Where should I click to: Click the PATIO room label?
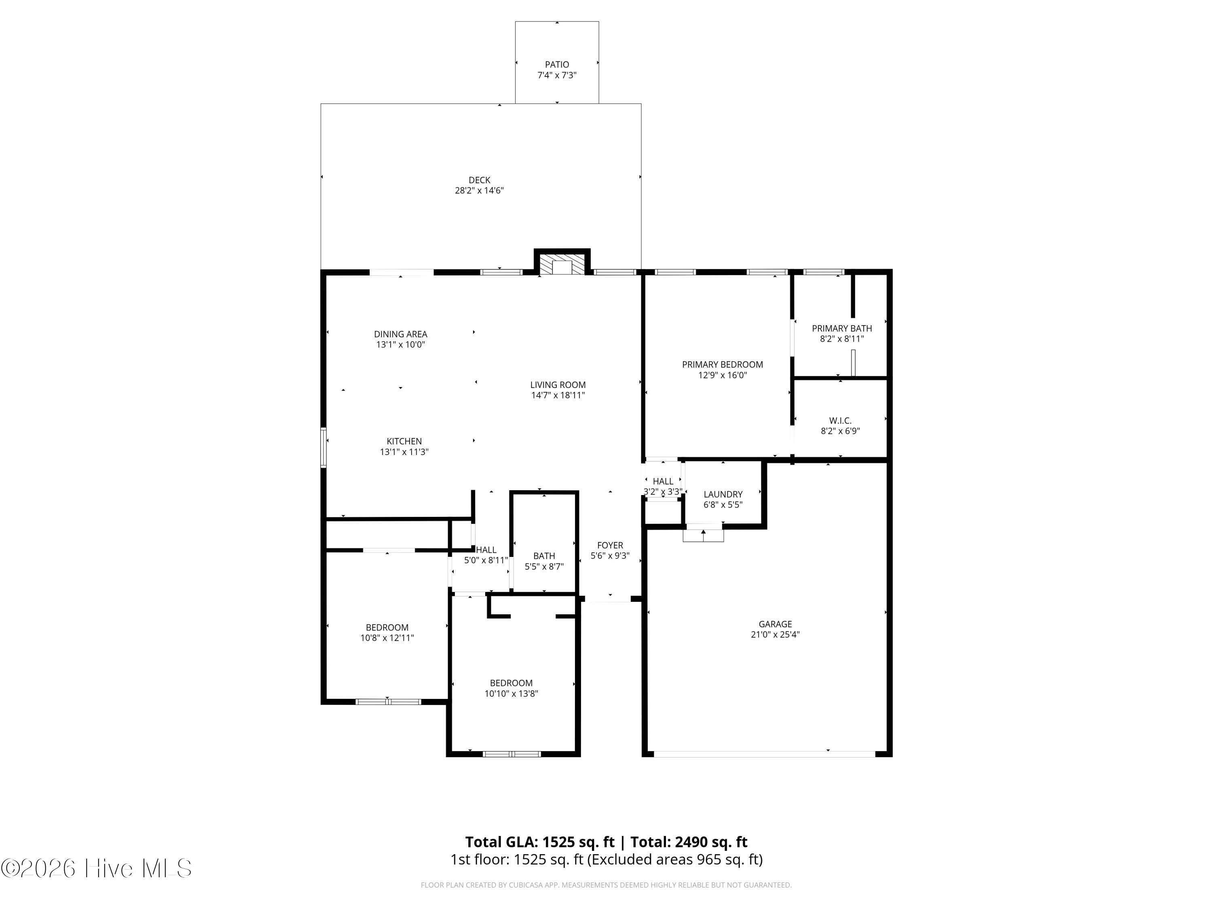[x=557, y=64]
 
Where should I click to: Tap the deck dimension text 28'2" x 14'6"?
[x=479, y=190]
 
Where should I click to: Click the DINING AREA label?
[x=400, y=334]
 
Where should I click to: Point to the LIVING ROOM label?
[x=558, y=385]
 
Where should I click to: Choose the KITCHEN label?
[x=404, y=441]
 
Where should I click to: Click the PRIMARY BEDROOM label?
[x=722, y=364]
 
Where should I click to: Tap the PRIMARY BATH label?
[x=842, y=328]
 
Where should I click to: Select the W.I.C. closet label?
[x=840, y=421]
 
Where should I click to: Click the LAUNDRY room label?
[x=723, y=494]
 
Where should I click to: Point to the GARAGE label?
[x=775, y=624]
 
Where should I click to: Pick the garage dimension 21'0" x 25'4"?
[x=775, y=635]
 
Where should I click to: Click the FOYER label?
[x=610, y=545]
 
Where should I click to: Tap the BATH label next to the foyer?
[x=544, y=556]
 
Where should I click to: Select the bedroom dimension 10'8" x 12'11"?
[x=387, y=638]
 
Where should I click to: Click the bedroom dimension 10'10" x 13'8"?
[x=511, y=693]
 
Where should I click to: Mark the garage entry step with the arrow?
[x=703, y=534]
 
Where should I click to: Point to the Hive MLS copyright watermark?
[x=97, y=868]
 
